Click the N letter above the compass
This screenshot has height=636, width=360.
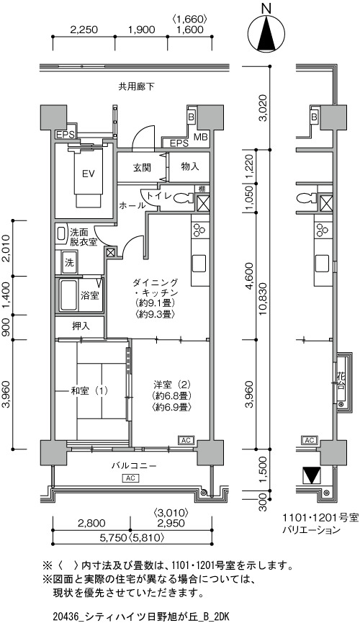266,8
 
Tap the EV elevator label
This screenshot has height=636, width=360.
88,174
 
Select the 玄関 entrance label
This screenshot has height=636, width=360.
142,167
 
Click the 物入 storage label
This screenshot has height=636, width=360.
190,166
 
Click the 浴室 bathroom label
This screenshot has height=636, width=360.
89,295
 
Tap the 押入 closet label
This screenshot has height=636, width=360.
81,326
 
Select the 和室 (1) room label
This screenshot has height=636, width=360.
89,391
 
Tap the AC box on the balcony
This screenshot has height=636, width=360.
130,478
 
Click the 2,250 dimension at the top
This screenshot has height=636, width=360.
84,30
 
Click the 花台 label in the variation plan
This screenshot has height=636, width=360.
341,381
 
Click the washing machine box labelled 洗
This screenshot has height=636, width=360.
69,263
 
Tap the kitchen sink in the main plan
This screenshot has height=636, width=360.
199,264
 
